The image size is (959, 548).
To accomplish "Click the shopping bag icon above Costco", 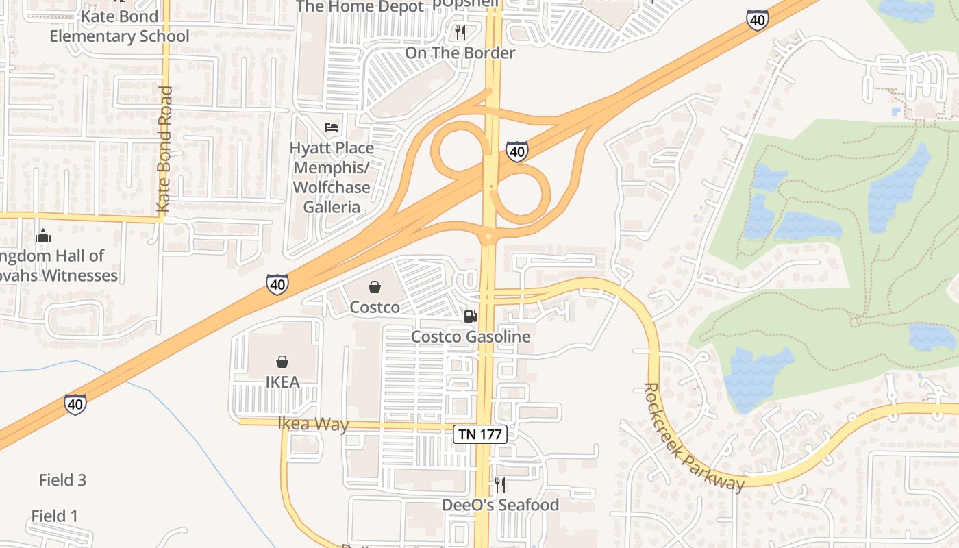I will pos(375,286).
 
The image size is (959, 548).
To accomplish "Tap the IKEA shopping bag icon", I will pos(282,361).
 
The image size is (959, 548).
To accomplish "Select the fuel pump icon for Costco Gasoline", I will pos(470,316).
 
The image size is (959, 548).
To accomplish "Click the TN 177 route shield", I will pos(480,434).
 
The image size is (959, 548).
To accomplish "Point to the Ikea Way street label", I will pos(314,424).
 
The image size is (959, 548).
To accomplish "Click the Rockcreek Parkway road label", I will pos(693,437).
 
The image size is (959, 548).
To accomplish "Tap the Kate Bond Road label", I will pos(164,149).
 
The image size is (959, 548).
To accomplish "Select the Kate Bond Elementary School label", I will pos(119,26).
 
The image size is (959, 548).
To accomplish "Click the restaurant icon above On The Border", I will pos(460,32).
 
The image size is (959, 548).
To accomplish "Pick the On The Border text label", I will pos(460,53).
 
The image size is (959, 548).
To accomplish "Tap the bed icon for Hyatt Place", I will pos(332,127).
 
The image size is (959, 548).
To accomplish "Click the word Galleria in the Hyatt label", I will pos(332,206).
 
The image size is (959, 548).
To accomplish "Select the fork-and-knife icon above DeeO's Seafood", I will pos(500,485).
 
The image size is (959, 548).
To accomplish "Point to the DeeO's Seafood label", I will pos(500,505).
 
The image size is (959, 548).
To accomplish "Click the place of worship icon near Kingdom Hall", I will pos(43,236).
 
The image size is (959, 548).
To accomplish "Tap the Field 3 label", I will pos(62,480).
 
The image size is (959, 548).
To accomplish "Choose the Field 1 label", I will pos(55,516).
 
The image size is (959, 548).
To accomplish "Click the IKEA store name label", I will pos(282,382).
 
